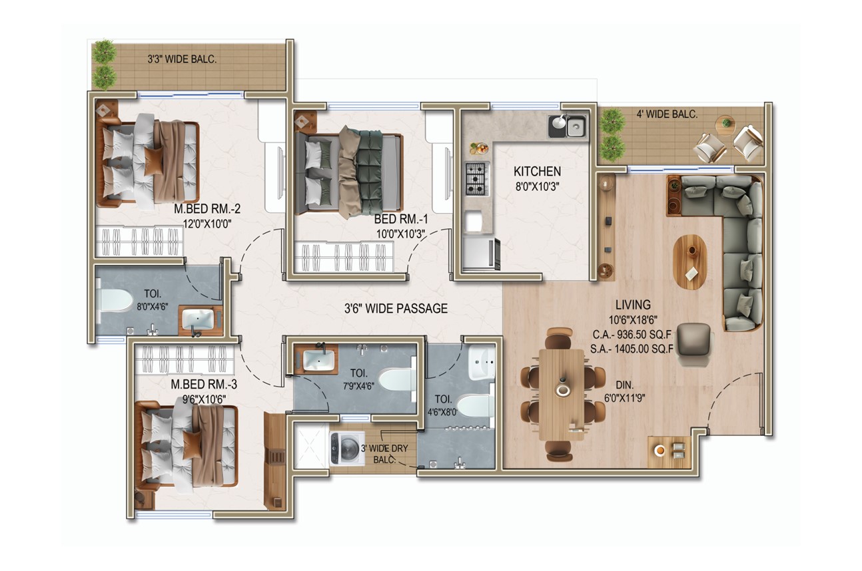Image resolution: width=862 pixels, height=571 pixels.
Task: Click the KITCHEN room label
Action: coord(537,171)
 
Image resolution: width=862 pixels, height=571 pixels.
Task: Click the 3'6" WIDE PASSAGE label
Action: coord(396,308)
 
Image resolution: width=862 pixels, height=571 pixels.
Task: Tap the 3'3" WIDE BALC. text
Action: coord(182,59)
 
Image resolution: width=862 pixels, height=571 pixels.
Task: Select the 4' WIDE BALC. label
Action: coord(667,114)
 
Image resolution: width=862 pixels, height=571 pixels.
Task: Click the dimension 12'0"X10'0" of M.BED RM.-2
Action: coord(207,224)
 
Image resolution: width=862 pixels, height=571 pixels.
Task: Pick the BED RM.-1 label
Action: coord(401,219)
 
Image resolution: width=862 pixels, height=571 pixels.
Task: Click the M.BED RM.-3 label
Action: coord(204,384)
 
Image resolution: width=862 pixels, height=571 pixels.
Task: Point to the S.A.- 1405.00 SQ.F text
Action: coord(632,349)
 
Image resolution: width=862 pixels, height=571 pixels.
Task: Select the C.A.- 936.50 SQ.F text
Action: coord(632,335)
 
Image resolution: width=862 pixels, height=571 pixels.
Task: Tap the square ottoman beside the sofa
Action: coord(693,339)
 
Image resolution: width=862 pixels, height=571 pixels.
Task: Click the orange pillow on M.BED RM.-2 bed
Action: coord(153,162)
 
